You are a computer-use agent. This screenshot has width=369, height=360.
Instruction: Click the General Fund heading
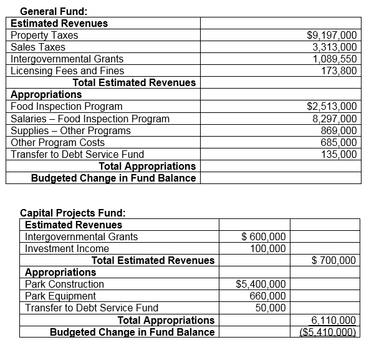pos(54,11)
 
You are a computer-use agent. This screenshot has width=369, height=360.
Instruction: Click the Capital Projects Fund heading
pos(73,213)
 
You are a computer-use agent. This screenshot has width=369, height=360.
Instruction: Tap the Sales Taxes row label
pos(38,47)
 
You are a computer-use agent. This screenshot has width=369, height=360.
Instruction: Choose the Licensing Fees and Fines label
pos(67,71)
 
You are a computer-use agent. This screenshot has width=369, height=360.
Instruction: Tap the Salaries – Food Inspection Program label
pos(90,119)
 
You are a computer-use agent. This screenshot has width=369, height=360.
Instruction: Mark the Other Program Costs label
pos(58,142)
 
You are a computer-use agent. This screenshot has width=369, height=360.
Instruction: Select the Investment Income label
pos(67,248)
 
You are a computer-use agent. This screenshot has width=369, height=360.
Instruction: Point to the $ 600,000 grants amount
pos(264,236)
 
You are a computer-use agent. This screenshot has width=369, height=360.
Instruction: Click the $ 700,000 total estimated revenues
pos(333,260)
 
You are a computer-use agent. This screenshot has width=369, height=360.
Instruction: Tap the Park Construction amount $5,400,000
pos(261,284)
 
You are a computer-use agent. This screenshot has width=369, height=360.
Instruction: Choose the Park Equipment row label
pos(60,296)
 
